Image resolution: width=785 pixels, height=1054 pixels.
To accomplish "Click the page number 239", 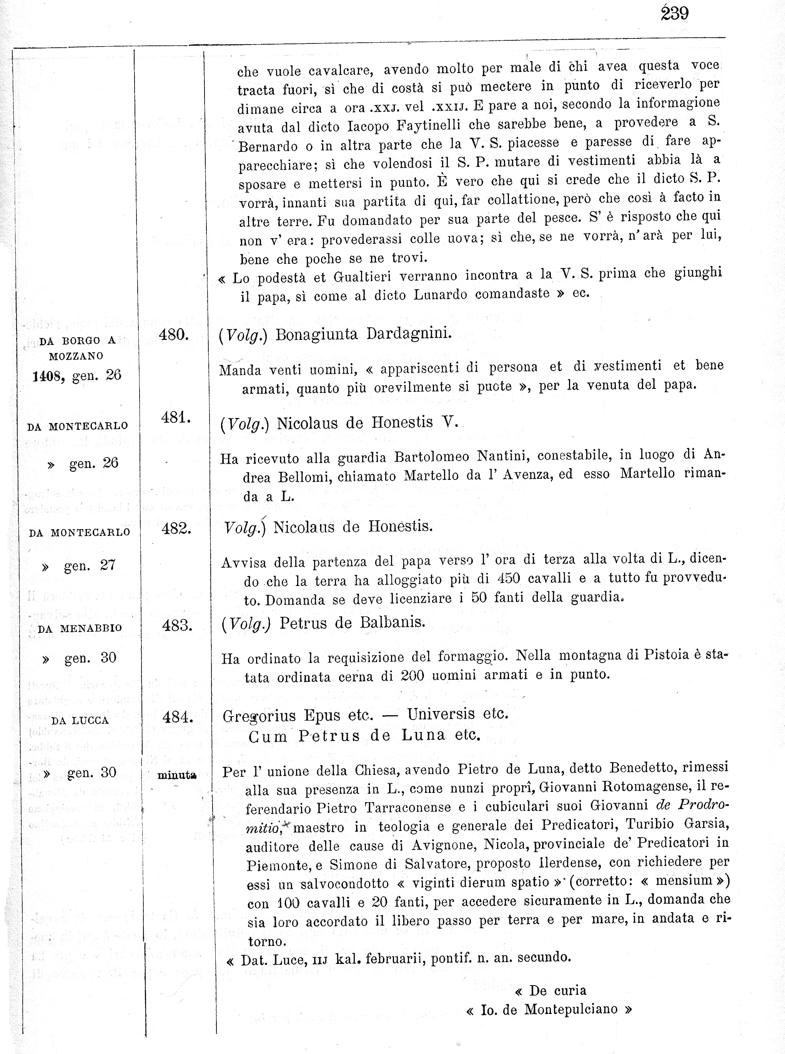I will pos(674,14).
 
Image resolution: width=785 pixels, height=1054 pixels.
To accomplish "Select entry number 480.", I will pos(174,335).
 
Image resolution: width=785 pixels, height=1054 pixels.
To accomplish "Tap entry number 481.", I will pos(176,418).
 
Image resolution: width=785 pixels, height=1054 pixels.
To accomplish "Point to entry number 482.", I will pos(176,529).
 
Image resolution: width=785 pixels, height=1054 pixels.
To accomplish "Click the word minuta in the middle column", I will pos(177,775).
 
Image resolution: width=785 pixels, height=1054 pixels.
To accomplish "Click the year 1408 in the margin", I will pos(48,377).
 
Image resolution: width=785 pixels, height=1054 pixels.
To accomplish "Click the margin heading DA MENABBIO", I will pos(80,629).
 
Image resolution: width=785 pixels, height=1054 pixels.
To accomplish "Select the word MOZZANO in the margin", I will pos(76,356).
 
